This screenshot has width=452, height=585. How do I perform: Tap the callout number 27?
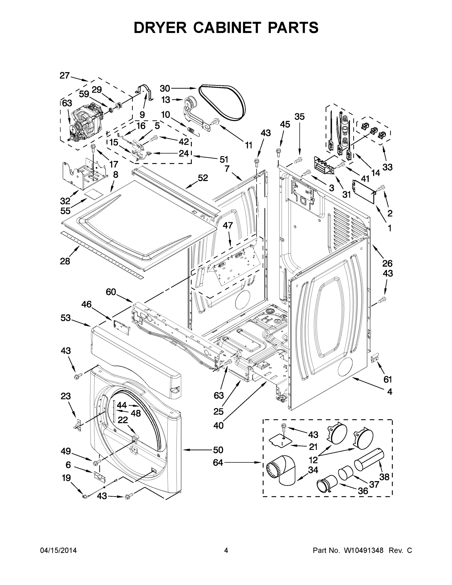coord(65,76)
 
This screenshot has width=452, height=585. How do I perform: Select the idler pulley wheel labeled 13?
coord(191,102)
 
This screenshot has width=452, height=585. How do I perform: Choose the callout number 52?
coord(203,178)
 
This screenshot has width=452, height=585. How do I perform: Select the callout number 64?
coord(218,462)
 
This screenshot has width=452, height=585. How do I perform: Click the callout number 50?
coord(218,450)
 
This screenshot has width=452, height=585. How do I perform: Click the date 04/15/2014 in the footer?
coord(58,550)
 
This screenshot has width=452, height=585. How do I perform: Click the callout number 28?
coord(65,261)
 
